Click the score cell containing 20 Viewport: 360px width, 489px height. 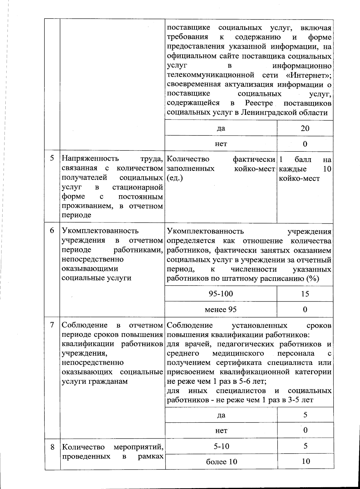click(x=305, y=128)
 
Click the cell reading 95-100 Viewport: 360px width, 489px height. click(x=221, y=294)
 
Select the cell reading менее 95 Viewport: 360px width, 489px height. click(x=221, y=309)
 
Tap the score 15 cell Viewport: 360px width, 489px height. click(x=305, y=294)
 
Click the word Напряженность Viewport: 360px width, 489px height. click(x=90, y=159)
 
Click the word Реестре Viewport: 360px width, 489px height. click(x=259, y=103)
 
